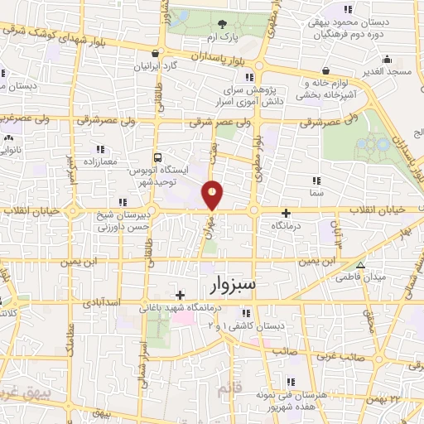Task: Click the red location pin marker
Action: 213,195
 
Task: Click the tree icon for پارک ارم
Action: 220,24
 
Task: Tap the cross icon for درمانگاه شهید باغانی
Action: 180,294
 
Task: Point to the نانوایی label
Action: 8,151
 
